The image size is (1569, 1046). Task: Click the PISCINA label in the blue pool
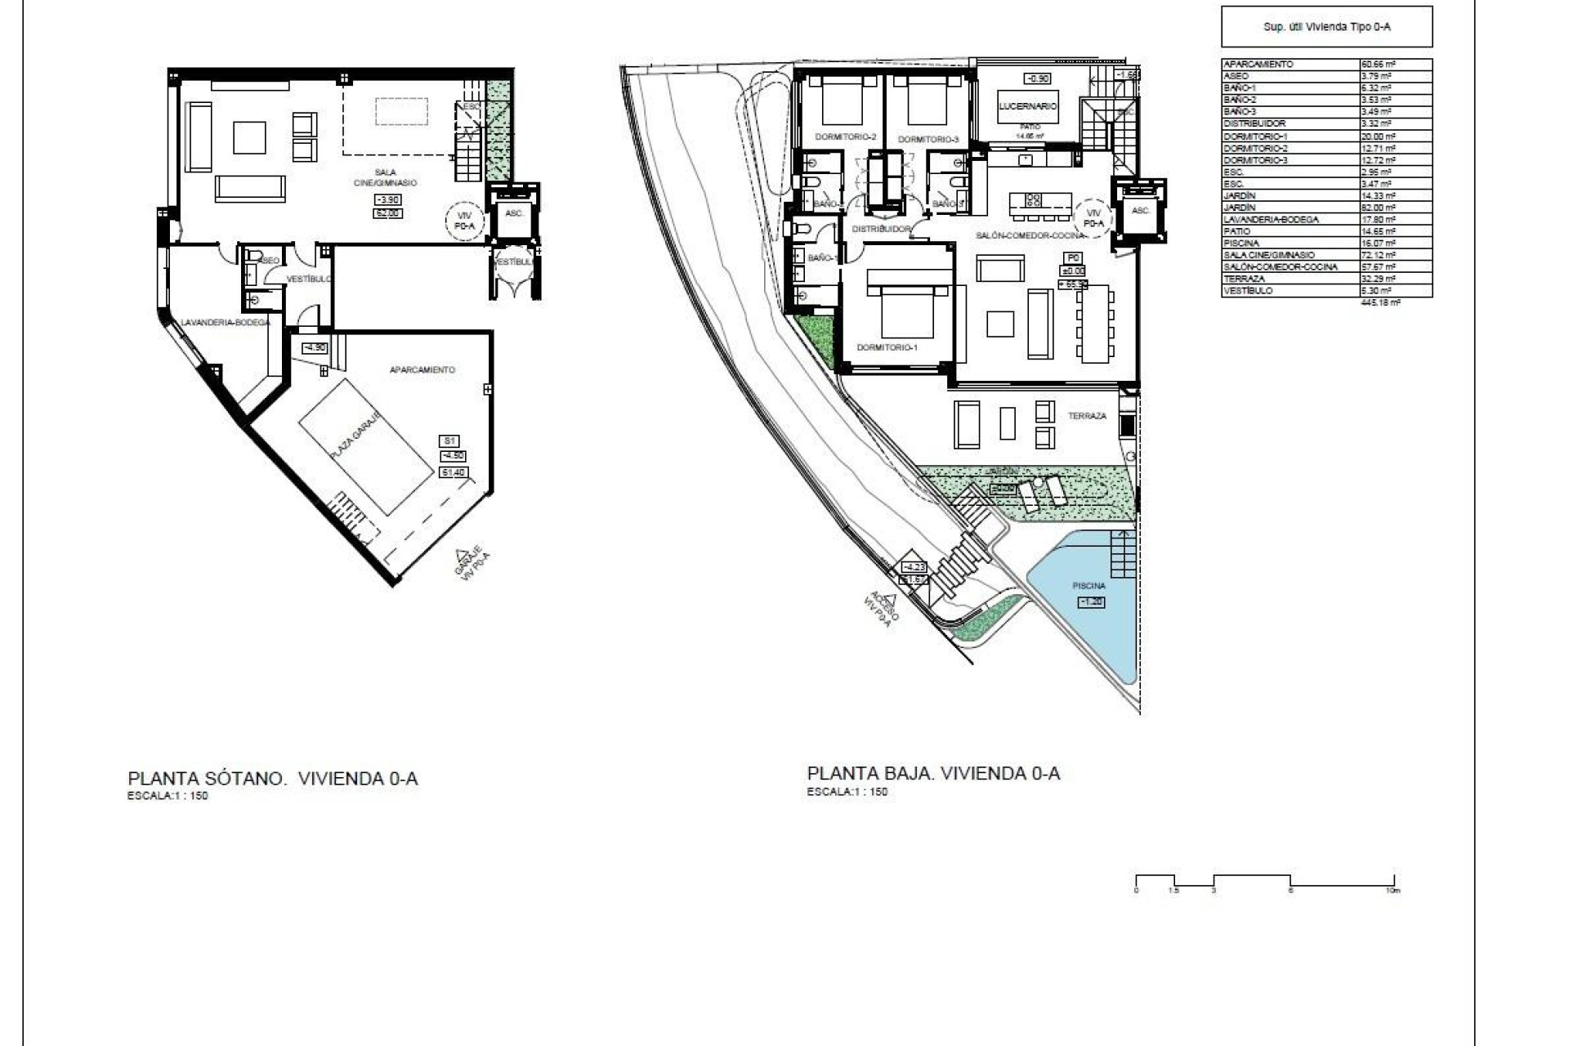[x=1089, y=586]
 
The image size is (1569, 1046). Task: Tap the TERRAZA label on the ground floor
[x=1087, y=416]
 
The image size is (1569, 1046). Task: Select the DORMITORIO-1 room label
[x=887, y=347]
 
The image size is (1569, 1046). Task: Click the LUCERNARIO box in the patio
[x=1028, y=106]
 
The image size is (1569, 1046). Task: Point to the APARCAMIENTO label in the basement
[x=422, y=369]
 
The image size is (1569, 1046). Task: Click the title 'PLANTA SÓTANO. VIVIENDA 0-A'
[x=273, y=778]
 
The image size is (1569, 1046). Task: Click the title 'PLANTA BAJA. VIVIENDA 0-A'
[x=933, y=773]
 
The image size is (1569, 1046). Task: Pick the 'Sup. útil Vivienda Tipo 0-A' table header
[x=1326, y=27]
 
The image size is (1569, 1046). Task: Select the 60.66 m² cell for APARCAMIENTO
[x=1377, y=64]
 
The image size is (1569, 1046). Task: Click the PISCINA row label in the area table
[x=1241, y=243]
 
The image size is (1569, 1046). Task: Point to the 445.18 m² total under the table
[x=1381, y=302]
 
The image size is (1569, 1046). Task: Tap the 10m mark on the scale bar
[x=1393, y=890]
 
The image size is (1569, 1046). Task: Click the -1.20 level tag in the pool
[x=1091, y=601]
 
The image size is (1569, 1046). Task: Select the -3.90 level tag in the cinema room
[x=387, y=200]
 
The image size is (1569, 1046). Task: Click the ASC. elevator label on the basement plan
[x=514, y=213]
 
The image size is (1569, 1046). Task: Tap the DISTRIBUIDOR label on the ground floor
[x=881, y=230]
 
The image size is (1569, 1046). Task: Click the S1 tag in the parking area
[x=449, y=441]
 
